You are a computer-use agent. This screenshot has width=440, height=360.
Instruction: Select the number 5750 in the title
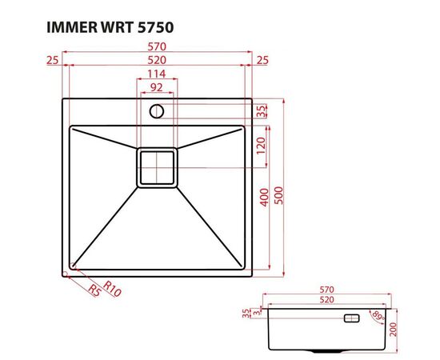click(x=151, y=26)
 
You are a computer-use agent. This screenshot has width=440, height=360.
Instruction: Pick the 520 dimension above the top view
click(x=157, y=61)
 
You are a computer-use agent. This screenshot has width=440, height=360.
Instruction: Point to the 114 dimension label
click(x=157, y=75)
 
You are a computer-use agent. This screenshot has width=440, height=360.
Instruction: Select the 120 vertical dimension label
click(x=261, y=145)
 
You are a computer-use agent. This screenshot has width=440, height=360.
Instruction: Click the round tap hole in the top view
click(x=157, y=110)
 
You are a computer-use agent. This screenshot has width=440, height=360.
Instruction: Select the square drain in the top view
click(x=157, y=169)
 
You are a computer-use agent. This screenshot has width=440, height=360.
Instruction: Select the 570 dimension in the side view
click(x=326, y=288)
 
